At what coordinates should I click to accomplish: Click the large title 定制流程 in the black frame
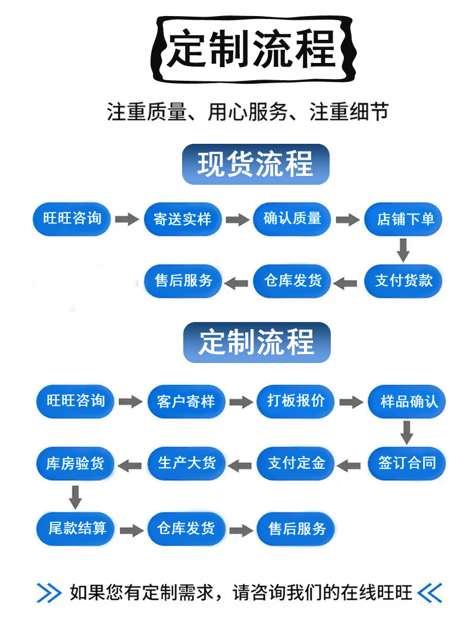[252, 49]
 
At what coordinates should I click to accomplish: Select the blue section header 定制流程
[256, 343]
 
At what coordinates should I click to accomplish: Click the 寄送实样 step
[183, 219]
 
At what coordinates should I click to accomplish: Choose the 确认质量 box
[292, 218]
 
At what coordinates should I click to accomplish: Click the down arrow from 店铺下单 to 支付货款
[403, 250]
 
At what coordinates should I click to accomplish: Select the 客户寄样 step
[186, 402]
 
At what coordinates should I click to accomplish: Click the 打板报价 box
[296, 401]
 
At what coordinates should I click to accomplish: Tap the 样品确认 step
[407, 402]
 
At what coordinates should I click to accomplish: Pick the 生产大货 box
[186, 463]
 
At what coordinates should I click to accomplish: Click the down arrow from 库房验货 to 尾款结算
[75, 496]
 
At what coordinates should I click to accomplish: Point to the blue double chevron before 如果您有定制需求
[49, 593]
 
